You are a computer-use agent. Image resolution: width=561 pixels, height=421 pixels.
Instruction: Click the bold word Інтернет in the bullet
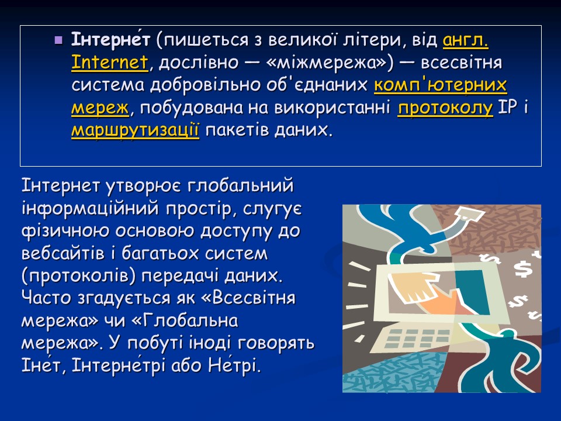[x=111, y=41]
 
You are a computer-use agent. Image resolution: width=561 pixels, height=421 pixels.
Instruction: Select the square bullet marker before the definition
[x=58, y=41]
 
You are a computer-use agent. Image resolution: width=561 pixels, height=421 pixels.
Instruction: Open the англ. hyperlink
[x=466, y=41]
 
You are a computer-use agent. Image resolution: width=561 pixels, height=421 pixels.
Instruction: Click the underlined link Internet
[x=109, y=63]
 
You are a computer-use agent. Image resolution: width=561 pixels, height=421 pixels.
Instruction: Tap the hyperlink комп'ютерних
[x=440, y=85]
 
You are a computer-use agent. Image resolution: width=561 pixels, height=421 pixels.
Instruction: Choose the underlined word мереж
[x=99, y=107]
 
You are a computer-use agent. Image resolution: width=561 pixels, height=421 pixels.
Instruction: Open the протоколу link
[x=445, y=107]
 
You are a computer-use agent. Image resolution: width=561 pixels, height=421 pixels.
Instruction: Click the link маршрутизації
[x=135, y=129]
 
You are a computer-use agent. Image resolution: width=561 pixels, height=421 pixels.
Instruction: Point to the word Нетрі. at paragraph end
[x=234, y=367]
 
